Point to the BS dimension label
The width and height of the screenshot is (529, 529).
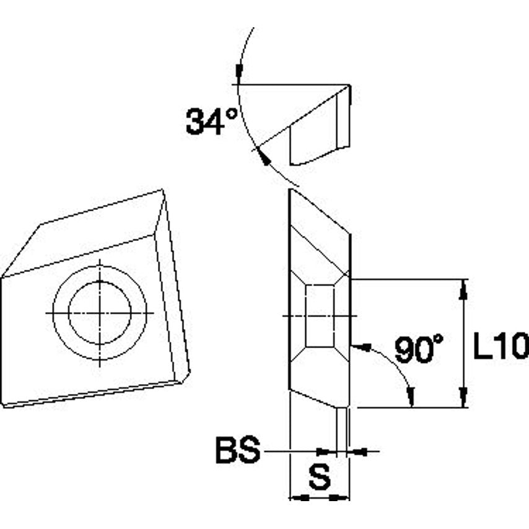point(237,451)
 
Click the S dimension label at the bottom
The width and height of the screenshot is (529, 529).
point(319,478)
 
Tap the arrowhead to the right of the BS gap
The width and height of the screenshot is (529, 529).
point(357,452)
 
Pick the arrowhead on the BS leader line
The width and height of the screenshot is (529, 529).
point(323,452)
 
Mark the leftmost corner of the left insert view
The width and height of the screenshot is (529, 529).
point(2,276)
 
